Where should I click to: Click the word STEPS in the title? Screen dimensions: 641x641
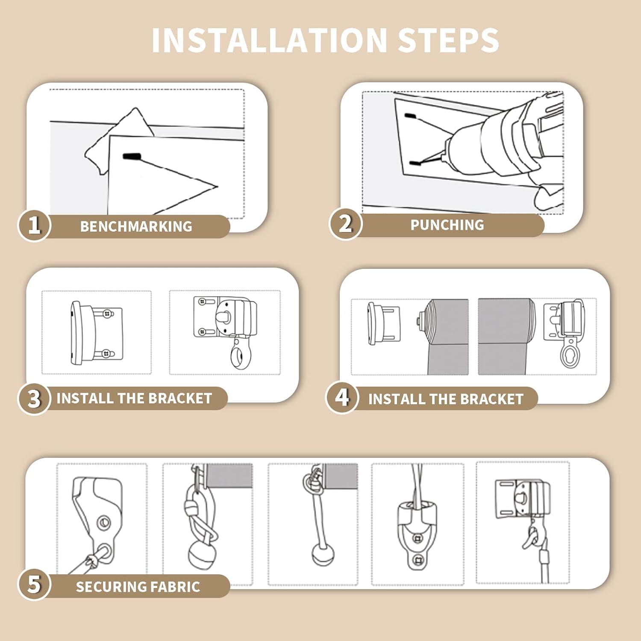click(448, 40)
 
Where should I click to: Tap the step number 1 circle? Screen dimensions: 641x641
click(34, 225)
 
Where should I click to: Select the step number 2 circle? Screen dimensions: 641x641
click(345, 223)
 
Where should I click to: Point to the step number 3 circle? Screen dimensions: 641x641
click(34, 398)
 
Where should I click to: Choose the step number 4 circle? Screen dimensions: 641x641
click(342, 398)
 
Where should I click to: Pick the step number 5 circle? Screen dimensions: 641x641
click(34, 584)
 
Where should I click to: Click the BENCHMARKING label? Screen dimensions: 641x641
click(136, 226)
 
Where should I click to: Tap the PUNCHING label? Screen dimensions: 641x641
click(447, 225)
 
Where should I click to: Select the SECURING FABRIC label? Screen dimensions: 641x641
click(138, 587)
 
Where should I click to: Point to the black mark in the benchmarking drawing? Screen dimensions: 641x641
click(132, 157)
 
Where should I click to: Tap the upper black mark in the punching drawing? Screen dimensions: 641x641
click(410, 116)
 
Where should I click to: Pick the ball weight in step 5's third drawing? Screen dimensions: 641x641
click(323, 554)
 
